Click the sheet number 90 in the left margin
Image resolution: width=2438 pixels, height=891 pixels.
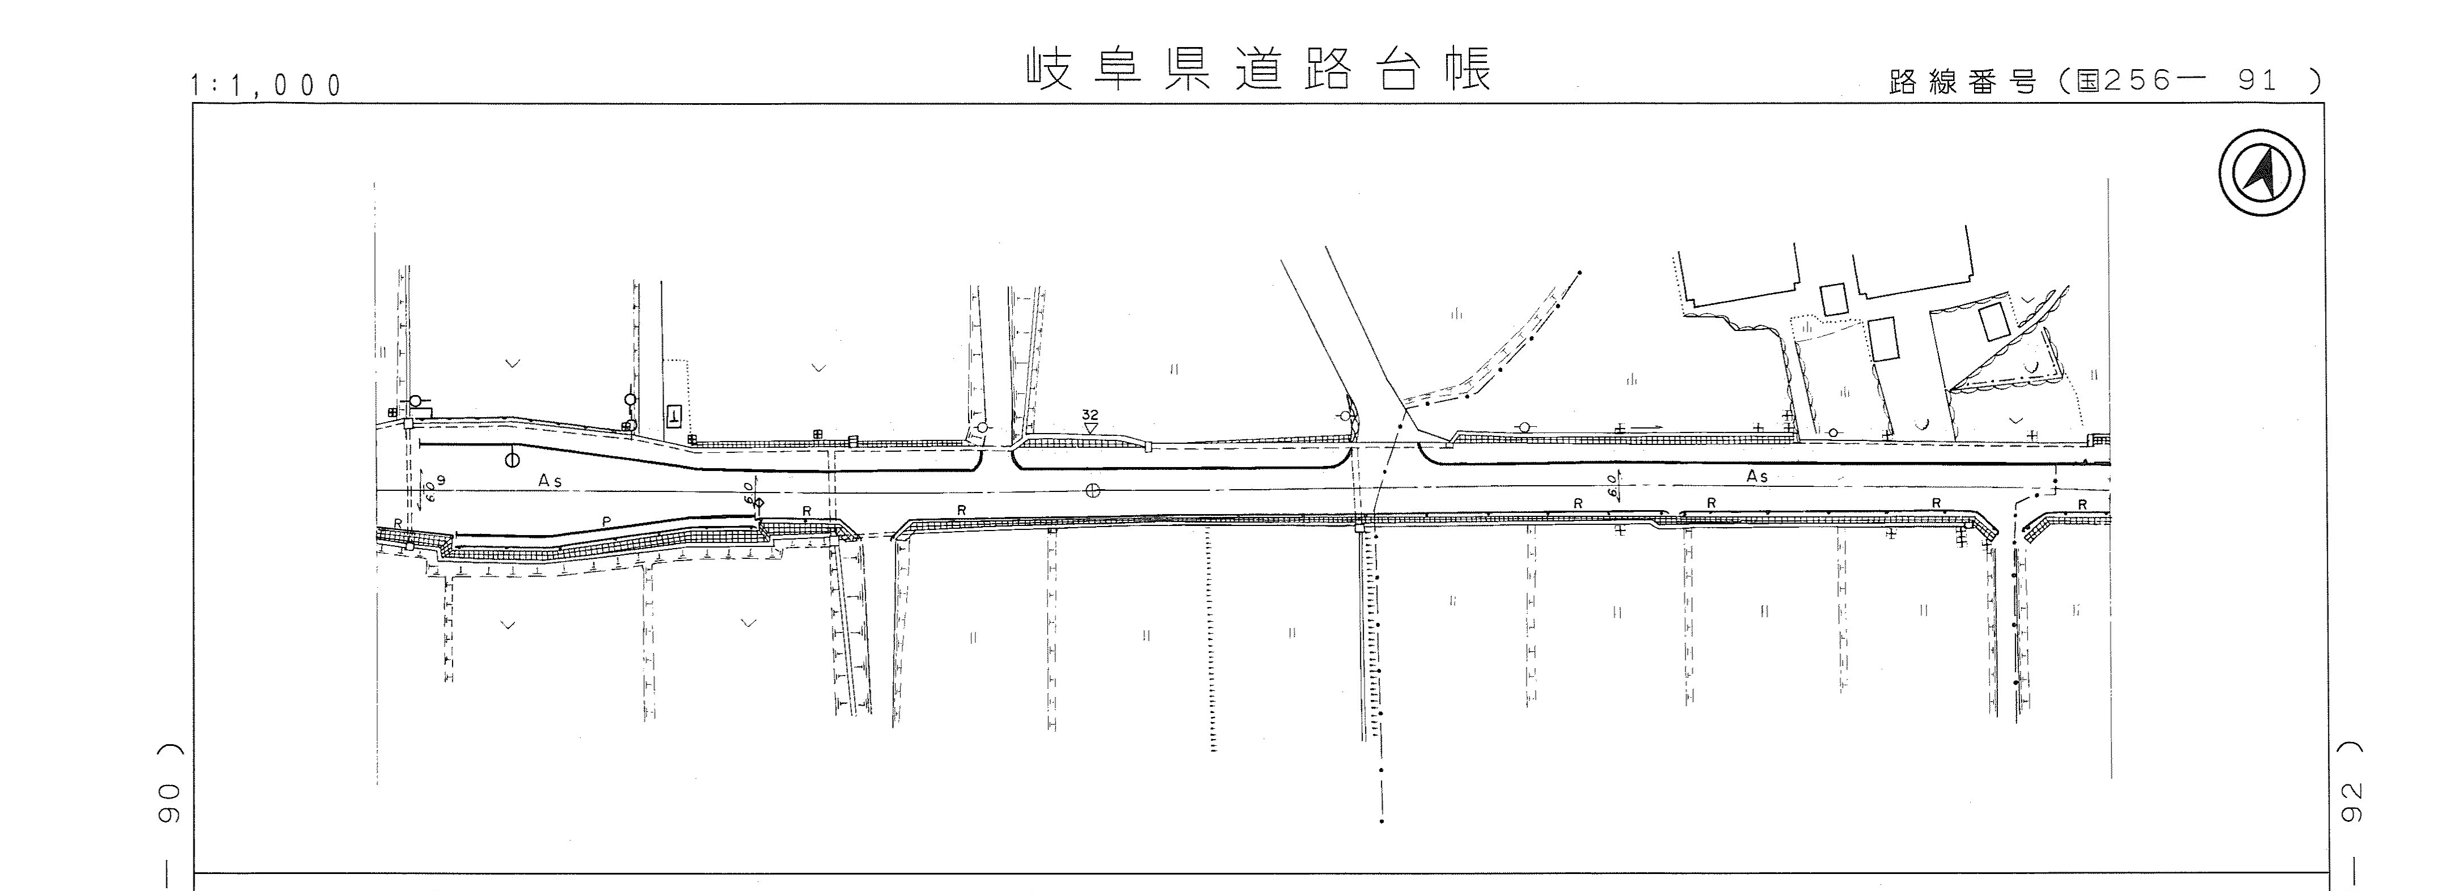170,804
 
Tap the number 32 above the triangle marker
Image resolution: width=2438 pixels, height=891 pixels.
1091,414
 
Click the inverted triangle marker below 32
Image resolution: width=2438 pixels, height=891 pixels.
1091,428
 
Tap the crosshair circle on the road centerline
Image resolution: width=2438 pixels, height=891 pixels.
1093,490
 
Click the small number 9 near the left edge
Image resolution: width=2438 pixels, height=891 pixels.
440,481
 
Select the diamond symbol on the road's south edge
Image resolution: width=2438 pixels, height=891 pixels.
758,502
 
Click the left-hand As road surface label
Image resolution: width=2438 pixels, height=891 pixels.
550,481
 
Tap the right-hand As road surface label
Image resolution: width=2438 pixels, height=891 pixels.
1756,477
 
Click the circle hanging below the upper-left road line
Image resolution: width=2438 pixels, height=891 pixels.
512,461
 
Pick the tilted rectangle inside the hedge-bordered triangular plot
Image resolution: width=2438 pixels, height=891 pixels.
1993,321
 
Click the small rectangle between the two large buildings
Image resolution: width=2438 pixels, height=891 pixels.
1834,300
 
